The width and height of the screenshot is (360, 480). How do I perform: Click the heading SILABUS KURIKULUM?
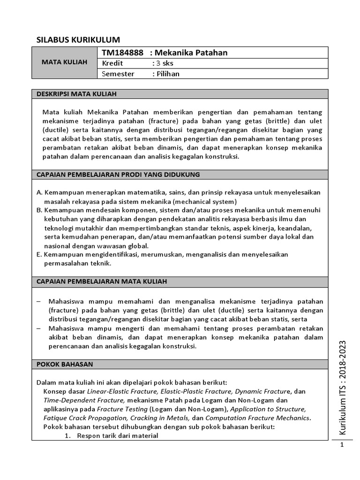click(x=78, y=39)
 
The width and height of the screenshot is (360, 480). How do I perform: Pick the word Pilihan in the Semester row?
click(x=168, y=74)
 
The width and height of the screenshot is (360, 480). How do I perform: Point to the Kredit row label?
click(x=112, y=63)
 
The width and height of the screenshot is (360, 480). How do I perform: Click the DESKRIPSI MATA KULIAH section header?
click(x=76, y=94)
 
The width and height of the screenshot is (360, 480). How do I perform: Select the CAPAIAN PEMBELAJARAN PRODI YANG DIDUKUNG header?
click(x=118, y=174)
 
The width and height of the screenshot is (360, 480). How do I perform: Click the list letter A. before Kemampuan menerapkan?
click(x=39, y=193)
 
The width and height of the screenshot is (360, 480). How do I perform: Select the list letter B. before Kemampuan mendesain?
click(x=39, y=210)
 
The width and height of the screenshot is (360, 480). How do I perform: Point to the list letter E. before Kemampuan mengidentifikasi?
click(x=39, y=255)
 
